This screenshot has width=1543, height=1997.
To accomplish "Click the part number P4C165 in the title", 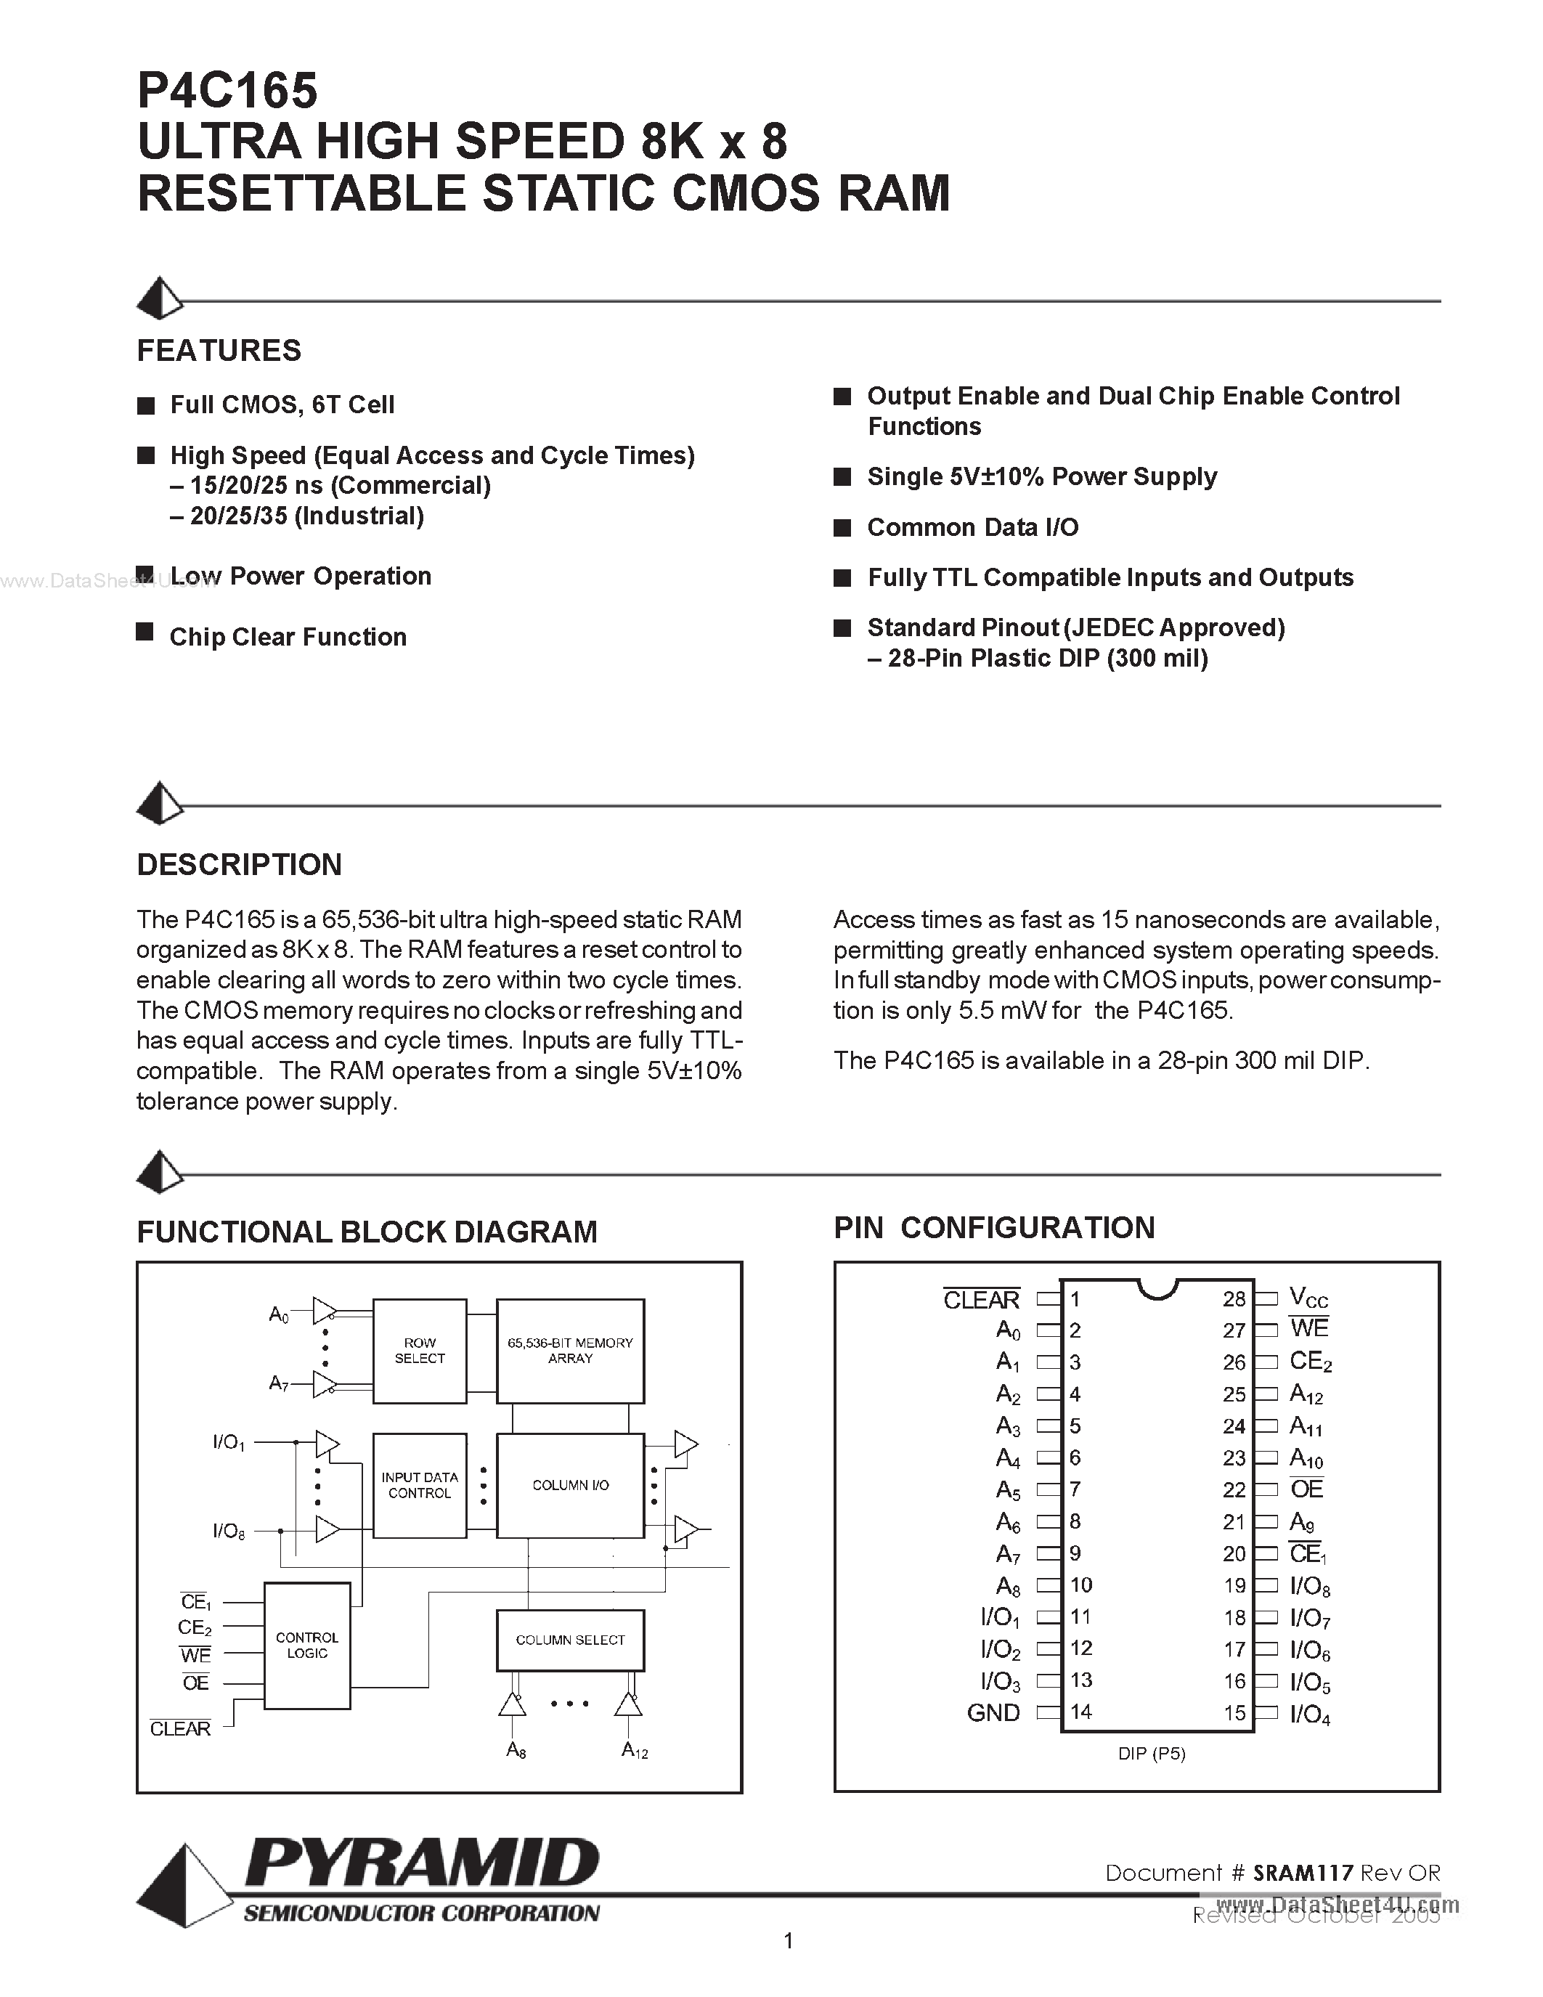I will tap(227, 91).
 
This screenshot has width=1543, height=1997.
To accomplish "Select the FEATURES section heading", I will tap(219, 350).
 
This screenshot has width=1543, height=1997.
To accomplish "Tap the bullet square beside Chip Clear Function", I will tap(144, 632).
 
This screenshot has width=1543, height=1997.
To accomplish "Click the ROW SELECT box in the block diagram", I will tap(420, 1351).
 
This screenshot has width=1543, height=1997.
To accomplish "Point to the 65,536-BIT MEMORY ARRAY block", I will tap(571, 1351).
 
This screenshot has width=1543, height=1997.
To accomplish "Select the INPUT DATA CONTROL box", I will tap(420, 1485).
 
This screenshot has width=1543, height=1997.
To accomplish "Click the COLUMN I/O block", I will tap(571, 1485).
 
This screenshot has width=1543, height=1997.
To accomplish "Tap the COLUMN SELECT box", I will tap(571, 1640).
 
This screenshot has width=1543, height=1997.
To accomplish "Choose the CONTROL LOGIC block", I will tap(307, 1645).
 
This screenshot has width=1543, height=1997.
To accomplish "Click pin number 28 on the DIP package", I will tap(1234, 1299).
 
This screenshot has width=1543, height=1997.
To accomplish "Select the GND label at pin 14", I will tap(993, 1712).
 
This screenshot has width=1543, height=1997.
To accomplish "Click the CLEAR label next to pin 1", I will tap(981, 1299).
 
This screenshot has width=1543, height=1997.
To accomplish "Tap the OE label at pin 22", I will tap(1306, 1489).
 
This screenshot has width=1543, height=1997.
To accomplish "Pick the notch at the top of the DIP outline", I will tap(1156, 1288).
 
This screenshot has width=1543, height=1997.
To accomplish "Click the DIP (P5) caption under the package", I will tap(1152, 1753).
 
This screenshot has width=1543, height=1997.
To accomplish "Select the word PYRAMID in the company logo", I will tap(423, 1863).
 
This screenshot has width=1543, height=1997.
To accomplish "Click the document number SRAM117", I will tap(1302, 1873).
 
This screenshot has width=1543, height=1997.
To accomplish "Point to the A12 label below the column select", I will tap(635, 1750).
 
